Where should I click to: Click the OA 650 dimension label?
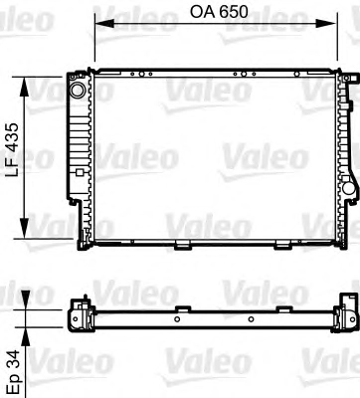click(219, 12)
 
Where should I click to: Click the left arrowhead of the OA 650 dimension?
click(104, 23)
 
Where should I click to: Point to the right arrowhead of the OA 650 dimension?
click(326, 23)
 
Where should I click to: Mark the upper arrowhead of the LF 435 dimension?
click(25, 87)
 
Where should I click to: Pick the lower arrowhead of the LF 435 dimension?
click(25, 228)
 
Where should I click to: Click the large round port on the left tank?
click(79, 90)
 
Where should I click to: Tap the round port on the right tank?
click(349, 188)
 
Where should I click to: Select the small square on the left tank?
click(80, 172)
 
